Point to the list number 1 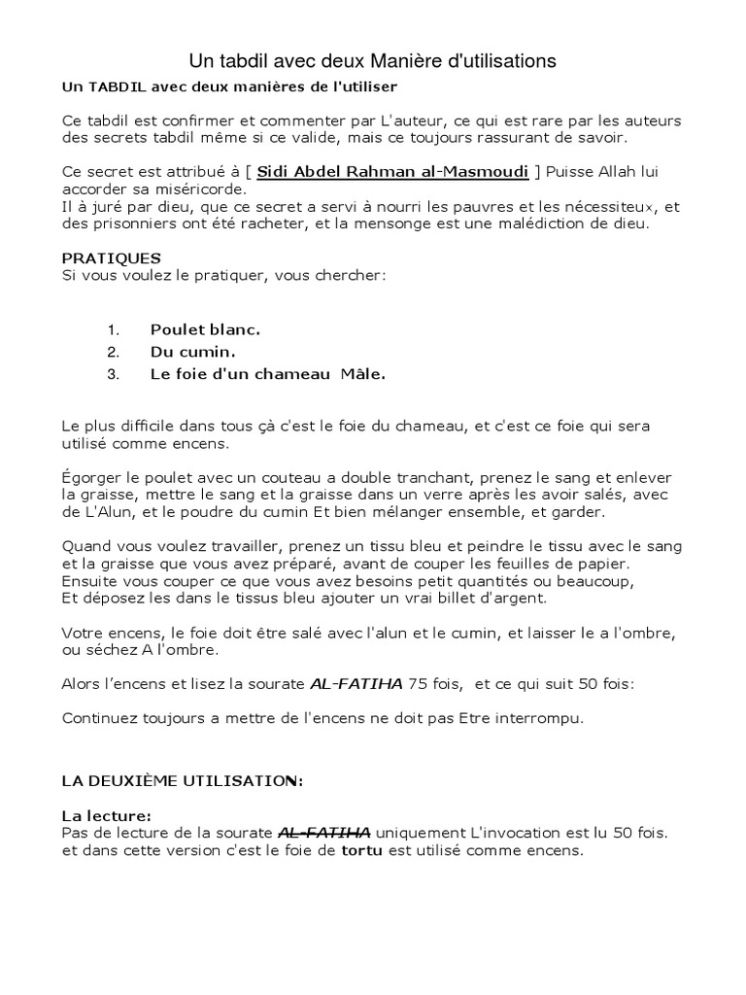point(112,329)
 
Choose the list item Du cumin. point(193,351)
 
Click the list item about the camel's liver point(267,373)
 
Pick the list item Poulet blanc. point(205,329)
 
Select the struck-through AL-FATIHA point(324,832)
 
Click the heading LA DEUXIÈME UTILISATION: point(183,781)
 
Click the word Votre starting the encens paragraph point(84,633)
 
